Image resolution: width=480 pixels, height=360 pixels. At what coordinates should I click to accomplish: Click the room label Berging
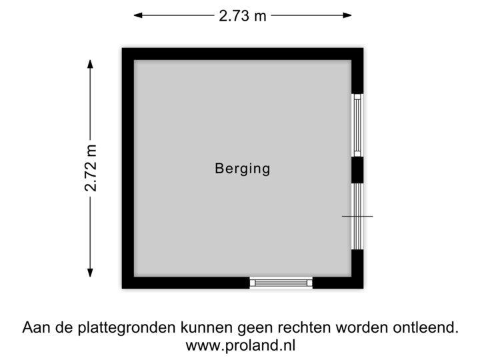pos(243,169)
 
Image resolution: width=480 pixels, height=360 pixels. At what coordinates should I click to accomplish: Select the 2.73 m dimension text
pos(243,15)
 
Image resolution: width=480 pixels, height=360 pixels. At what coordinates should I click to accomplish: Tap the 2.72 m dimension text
pos(91,167)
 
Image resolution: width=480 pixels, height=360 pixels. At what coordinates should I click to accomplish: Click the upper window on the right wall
pos(359,125)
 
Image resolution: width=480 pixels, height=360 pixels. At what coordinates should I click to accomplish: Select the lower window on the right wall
pos(359,215)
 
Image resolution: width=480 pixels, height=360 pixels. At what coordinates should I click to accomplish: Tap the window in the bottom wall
pos(281,283)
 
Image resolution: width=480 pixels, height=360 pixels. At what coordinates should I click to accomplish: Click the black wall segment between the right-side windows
pos(359,170)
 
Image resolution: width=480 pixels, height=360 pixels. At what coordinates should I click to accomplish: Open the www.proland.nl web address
pos(241,345)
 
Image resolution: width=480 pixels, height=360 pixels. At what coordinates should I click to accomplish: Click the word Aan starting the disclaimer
pos(35,328)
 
